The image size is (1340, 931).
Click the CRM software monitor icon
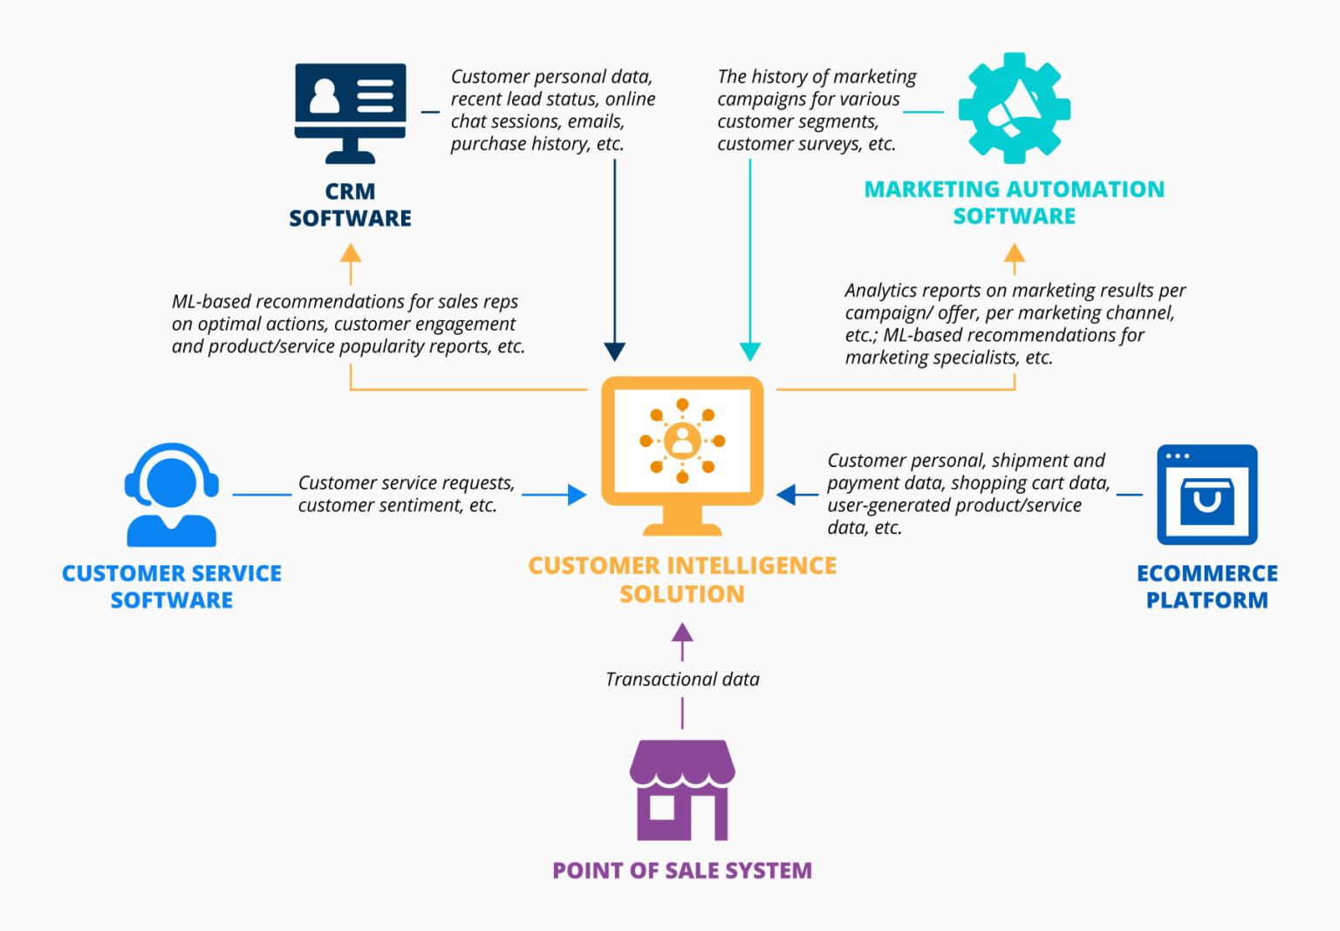(350, 112)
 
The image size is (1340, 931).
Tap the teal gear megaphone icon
(1014, 108)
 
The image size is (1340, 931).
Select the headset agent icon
(172, 495)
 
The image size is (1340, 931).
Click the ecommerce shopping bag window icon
(1207, 495)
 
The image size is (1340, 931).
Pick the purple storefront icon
(682, 791)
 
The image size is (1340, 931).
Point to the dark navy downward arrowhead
(614, 352)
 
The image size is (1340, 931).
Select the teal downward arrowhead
(749, 352)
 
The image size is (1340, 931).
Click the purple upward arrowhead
(682, 633)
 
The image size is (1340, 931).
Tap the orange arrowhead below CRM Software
(351, 254)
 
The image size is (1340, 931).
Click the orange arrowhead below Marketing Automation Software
(1014, 254)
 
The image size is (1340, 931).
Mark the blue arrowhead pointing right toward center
(577, 495)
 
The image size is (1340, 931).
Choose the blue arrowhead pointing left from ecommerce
(786, 495)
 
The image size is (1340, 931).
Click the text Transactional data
(682, 679)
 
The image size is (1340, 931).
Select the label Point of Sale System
(682, 870)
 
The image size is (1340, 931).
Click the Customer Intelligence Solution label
(682, 579)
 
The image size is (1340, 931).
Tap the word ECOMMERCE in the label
(1207, 573)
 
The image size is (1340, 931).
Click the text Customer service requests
(407, 483)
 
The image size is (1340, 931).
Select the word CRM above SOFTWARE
(350, 191)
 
